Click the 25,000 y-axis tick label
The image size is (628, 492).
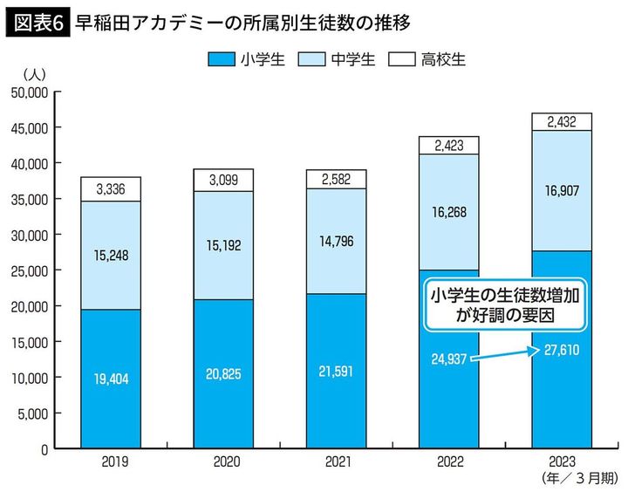(x=29, y=270)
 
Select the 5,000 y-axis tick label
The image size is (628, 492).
(x=32, y=413)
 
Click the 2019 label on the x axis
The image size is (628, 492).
(x=111, y=461)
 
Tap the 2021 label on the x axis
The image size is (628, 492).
(x=336, y=461)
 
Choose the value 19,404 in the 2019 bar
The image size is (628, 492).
(x=111, y=380)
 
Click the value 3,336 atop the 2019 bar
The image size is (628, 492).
(x=111, y=188)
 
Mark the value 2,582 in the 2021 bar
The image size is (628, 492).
(x=336, y=179)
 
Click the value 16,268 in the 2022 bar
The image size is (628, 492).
(x=448, y=210)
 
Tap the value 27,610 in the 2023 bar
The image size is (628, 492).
(x=561, y=351)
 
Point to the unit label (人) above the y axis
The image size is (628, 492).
(x=38, y=73)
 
